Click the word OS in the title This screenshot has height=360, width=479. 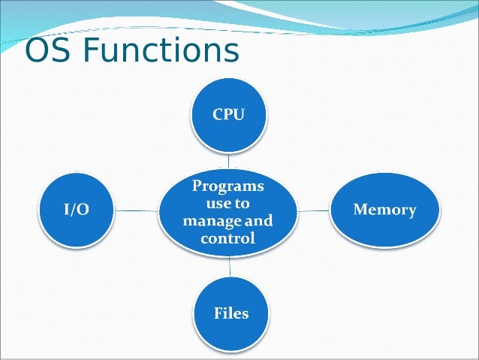point(47,51)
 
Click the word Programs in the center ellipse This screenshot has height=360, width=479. point(228,185)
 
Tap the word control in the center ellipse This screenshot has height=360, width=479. point(228,239)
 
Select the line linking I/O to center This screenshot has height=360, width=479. point(137,211)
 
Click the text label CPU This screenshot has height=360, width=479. point(228,114)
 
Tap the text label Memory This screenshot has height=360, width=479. point(384,210)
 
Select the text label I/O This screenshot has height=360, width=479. point(75,210)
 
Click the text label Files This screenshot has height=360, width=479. point(230,312)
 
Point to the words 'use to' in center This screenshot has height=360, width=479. point(228,203)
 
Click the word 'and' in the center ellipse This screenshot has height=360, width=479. point(260,222)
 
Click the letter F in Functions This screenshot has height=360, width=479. point(89,51)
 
